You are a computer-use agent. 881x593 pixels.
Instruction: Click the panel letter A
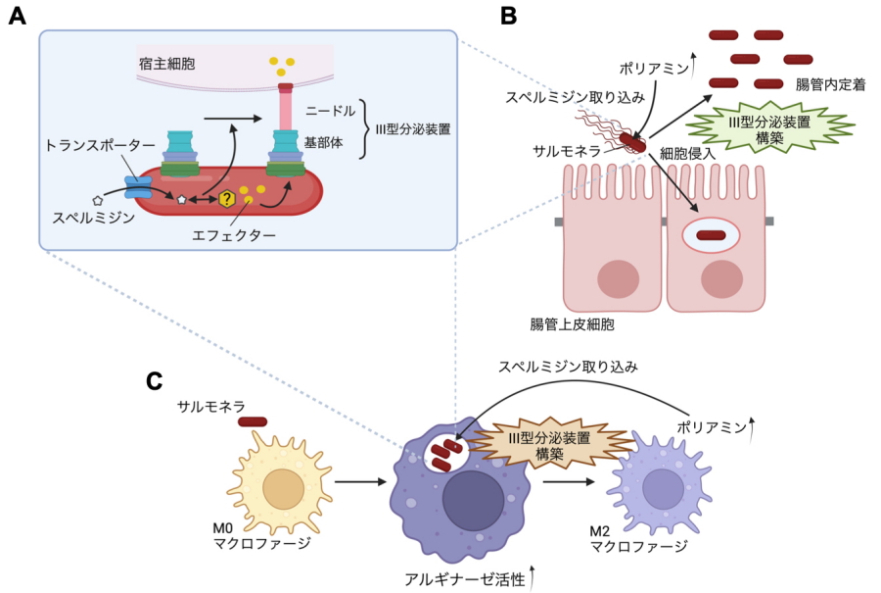tap(17, 19)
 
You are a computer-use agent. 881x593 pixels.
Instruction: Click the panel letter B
tap(509, 17)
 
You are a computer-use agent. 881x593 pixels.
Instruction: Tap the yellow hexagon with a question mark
tap(227, 199)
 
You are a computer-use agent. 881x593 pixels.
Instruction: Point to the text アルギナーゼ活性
tap(464, 578)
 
